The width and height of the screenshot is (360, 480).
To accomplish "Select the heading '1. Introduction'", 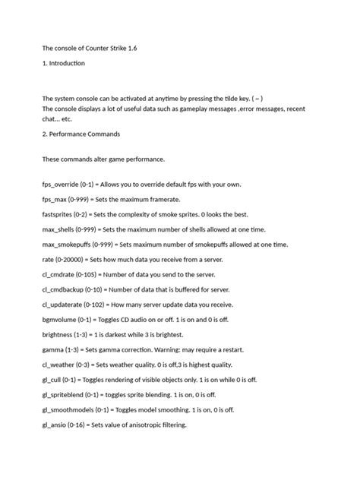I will (x=64, y=63).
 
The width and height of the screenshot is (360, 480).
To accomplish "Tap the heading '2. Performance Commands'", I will (x=82, y=134).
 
